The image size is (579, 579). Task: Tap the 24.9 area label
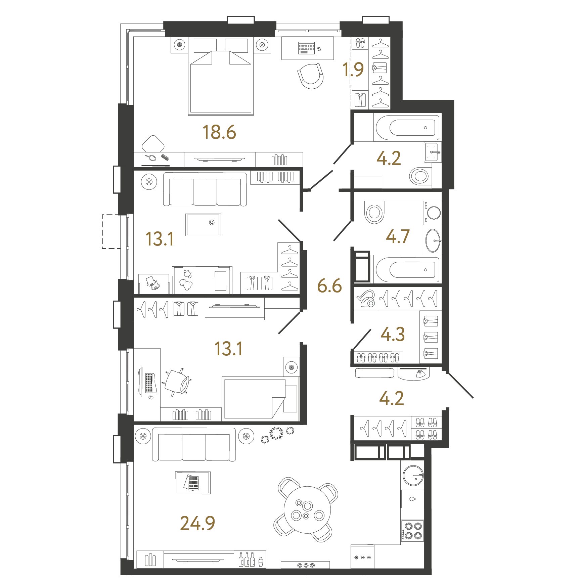point(197,523)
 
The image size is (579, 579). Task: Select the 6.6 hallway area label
point(329,285)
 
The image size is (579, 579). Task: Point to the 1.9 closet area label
point(353,70)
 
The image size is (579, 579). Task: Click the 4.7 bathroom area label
point(398,236)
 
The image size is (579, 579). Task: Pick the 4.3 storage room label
point(393,334)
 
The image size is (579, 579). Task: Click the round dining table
point(307,510)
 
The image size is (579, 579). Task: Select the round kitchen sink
point(413,476)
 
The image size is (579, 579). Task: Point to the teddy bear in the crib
point(186,280)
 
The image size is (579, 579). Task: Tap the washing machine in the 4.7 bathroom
point(433,213)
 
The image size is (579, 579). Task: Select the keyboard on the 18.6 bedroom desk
point(307,48)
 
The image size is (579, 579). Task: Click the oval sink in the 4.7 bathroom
point(433,240)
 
